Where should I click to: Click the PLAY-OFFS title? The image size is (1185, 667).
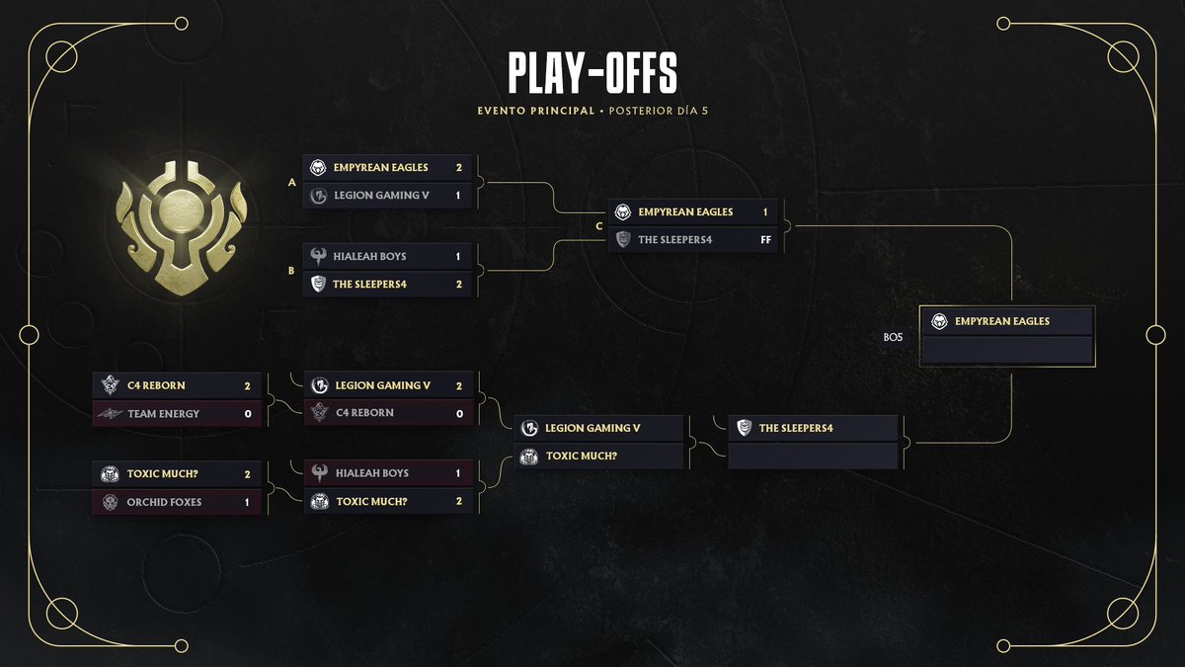(x=592, y=75)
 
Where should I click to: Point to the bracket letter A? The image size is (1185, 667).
(x=291, y=182)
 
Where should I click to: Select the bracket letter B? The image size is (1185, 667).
(x=291, y=270)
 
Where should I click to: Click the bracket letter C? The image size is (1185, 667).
(x=598, y=226)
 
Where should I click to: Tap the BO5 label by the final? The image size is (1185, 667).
(x=893, y=337)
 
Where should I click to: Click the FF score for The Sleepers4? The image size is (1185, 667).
(x=765, y=239)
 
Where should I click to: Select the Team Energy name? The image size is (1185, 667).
(x=163, y=414)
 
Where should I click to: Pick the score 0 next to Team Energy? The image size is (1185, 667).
(x=248, y=414)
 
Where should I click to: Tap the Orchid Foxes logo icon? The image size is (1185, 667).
(x=109, y=502)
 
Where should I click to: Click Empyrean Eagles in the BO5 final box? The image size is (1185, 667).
(x=1001, y=321)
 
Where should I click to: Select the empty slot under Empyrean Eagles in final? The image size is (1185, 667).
(x=1006, y=350)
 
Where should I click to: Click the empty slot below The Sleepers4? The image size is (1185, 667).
(x=813, y=457)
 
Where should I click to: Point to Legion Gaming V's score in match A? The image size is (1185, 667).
(x=458, y=196)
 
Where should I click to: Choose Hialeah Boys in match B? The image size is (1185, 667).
(x=370, y=256)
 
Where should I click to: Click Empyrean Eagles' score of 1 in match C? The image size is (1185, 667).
(x=765, y=211)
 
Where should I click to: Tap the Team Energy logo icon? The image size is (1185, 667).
(x=109, y=414)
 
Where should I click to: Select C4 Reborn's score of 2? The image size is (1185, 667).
(x=248, y=385)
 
